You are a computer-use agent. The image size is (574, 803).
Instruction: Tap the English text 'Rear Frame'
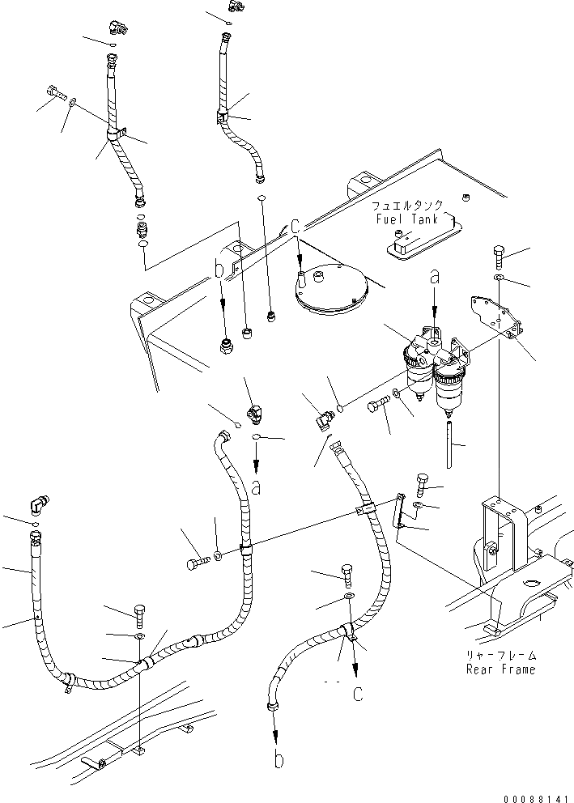500,669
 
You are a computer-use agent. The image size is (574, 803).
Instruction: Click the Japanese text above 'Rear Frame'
500,656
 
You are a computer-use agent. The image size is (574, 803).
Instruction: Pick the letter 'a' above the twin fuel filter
436,277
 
